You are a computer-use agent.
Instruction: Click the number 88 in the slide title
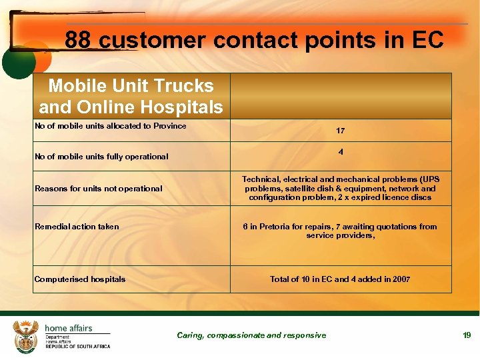[78, 41]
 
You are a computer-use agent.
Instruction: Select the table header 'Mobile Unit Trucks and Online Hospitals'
[131, 96]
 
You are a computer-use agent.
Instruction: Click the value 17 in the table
[341, 131]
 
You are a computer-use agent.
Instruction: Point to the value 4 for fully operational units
[341, 152]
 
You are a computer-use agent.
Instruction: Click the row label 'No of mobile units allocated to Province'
[111, 126]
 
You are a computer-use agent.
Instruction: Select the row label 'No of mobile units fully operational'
[101, 157]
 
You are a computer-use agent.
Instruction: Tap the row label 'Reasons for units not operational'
[99, 189]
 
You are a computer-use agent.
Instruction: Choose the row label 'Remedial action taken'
[77, 227]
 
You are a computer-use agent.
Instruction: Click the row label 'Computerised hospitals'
[80, 279]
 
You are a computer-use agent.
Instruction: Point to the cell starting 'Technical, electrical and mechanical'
[341, 189]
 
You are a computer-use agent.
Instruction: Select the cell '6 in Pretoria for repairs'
[341, 231]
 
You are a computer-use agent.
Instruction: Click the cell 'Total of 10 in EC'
[341, 279]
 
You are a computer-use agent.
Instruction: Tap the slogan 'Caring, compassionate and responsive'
[251, 335]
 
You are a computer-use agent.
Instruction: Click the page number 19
[467, 335]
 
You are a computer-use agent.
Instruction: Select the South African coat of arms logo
[27, 336]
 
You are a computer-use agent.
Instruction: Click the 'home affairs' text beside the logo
[69, 328]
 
